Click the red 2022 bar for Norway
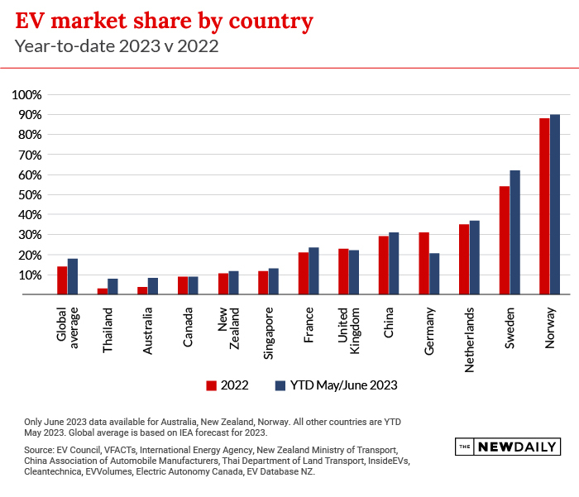pyautogui.click(x=544, y=206)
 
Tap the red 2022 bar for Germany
pyautogui.click(x=423, y=263)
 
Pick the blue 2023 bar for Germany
pyautogui.click(x=434, y=274)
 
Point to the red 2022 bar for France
pyautogui.click(x=304, y=273)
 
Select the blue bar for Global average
pyautogui.click(x=73, y=276)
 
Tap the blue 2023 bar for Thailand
pyautogui.click(x=112, y=286)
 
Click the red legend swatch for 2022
pyautogui.click(x=212, y=385)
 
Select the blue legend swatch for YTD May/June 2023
pyautogui.click(x=280, y=385)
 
